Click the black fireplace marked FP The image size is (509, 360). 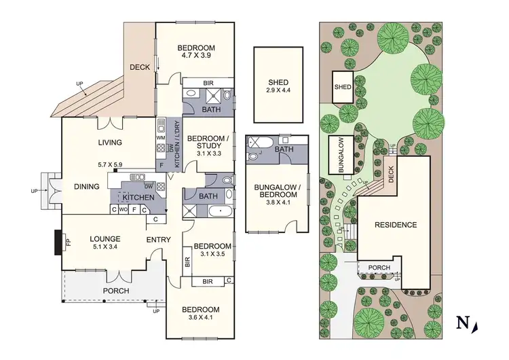pos(59,241)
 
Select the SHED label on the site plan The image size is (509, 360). pos(343,87)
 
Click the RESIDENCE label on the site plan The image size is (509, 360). pos(394,225)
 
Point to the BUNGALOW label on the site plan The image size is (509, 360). pos(339,156)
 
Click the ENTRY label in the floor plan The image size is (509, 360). pos(159,240)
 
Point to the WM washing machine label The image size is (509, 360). pos(161,138)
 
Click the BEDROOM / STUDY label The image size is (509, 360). pos(209,140)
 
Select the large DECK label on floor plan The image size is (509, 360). pos(140,67)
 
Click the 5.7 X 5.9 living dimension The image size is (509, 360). pos(109,164)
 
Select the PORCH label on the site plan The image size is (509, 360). pos(379,268)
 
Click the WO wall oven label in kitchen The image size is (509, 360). pos(124,210)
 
